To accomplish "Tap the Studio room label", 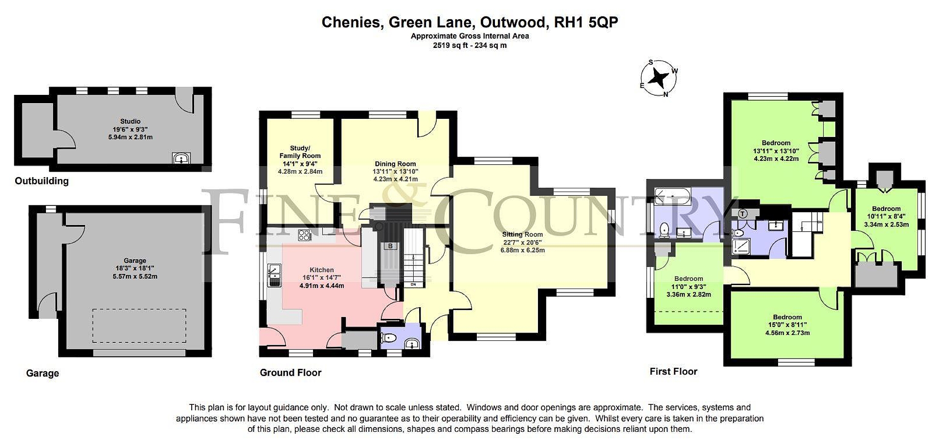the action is click(x=130, y=121).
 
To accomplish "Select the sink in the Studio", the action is click(x=181, y=158).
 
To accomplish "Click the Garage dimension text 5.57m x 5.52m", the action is click(x=135, y=276).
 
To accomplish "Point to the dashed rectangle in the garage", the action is click(x=139, y=326).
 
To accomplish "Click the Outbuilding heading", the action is click(x=42, y=181).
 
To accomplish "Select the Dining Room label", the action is click(x=395, y=164).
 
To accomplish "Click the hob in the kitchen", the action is click(x=305, y=235).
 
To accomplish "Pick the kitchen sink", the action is click(x=274, y=275).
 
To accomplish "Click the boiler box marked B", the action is click(x=390, y=246).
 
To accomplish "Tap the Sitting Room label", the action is click(x=522, y=234).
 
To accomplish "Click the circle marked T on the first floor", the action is click(x=743, y=214).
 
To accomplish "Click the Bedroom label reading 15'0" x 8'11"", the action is click(x=787, y=325).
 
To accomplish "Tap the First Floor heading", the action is click(x=673, y=372).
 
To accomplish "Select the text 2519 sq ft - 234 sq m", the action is click(x=469, y=45).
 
